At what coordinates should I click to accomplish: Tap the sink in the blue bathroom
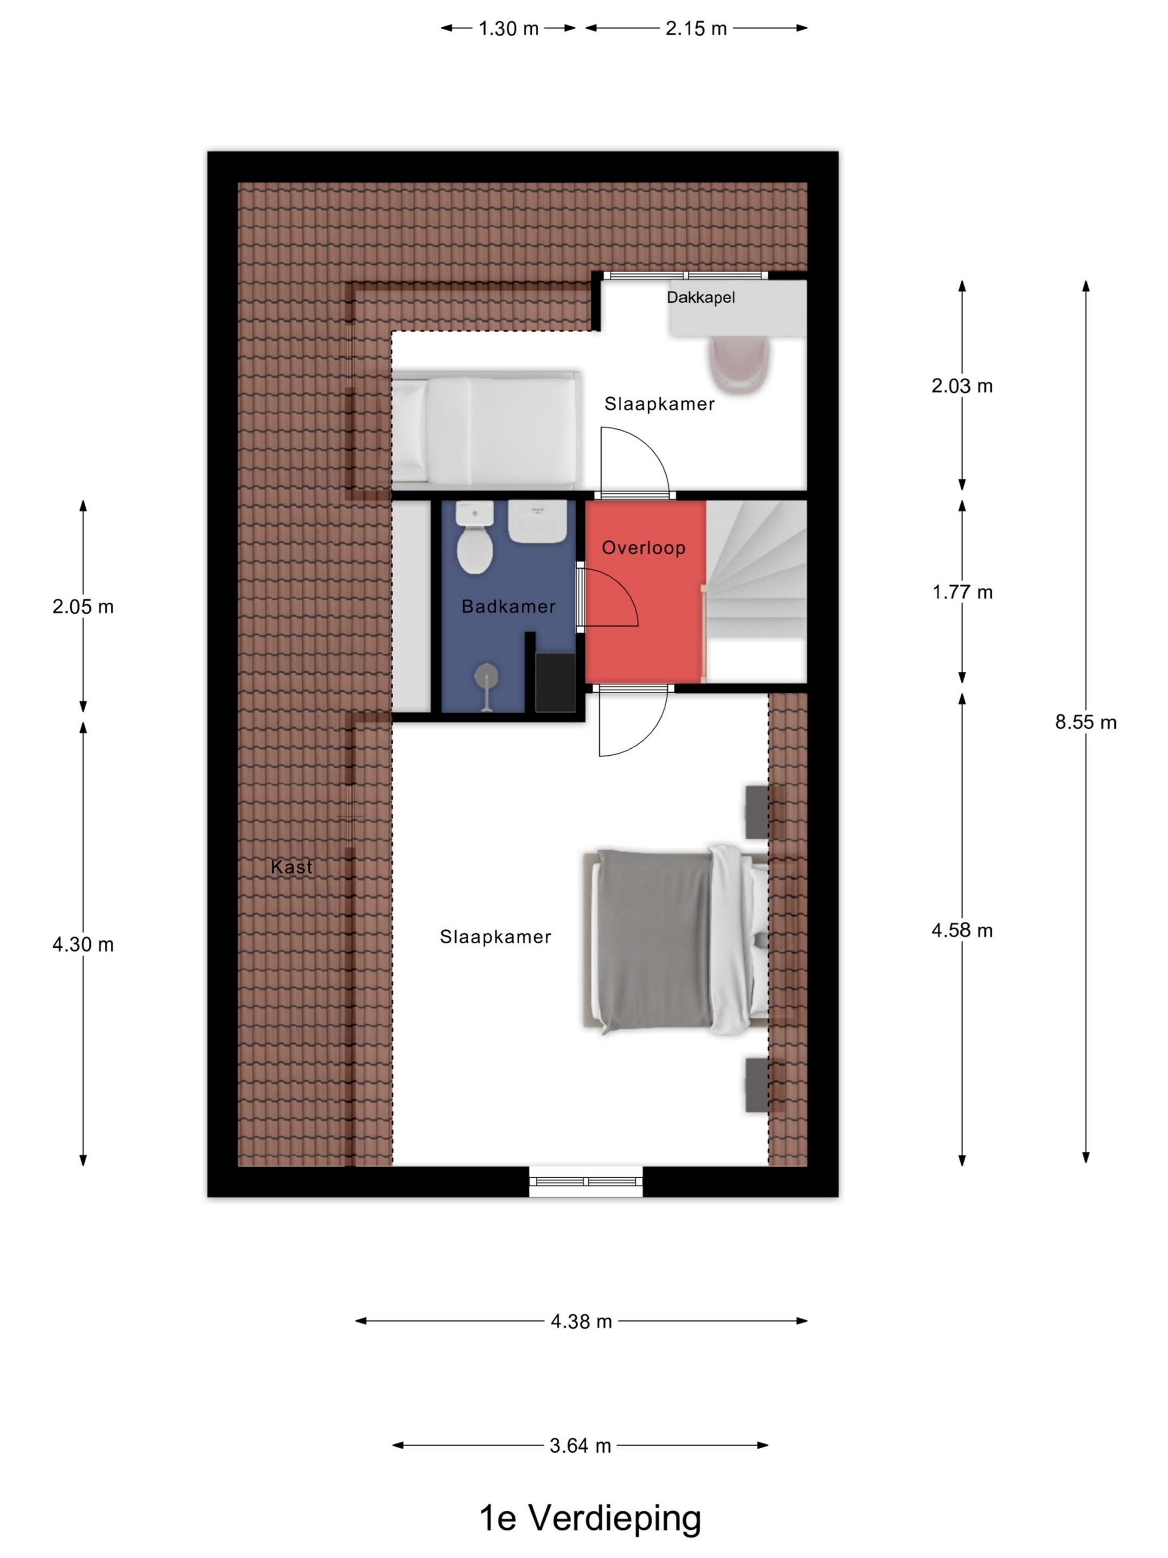coord(536,522)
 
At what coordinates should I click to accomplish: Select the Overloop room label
coord(643,547)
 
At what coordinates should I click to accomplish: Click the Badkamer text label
coord(508,606)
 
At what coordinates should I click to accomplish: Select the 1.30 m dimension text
coord(508,28)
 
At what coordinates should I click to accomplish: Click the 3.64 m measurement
coord(580,1445)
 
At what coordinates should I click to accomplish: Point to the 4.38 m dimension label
coord(581,1322)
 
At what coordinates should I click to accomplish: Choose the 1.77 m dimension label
coord(963,592)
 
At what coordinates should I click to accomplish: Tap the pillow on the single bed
coord(408,431)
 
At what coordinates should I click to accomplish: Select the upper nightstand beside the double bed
coord(758,812)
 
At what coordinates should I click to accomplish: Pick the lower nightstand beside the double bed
coord(758,1085)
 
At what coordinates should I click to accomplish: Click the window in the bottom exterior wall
coord(586,1181)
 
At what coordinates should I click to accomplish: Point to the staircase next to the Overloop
coord(756,591)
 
